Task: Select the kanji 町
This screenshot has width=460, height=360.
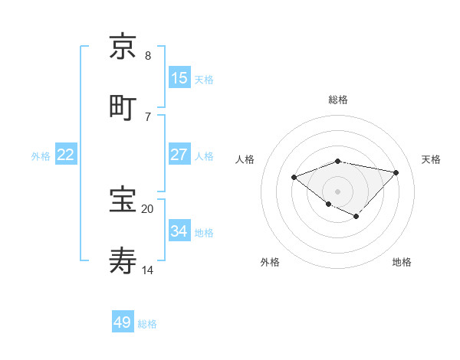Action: pos(123,107)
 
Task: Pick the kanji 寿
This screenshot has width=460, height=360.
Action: pos(123,260)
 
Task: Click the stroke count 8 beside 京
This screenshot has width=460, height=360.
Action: pos(147,55)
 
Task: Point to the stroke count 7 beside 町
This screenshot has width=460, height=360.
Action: pos(147,116)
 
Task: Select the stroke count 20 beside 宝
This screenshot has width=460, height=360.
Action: pos(147,208)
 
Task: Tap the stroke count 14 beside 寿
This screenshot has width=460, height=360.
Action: pos(147,270)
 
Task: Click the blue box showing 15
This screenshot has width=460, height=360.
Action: pos(179,78)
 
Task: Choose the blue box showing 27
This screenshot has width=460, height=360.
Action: pos(179,155)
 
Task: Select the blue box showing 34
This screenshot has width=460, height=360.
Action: pos(179,231)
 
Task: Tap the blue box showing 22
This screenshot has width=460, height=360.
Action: pos(66,155)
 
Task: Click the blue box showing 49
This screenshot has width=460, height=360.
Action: pos(123,322)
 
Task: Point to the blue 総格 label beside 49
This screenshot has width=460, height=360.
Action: pos(147,324)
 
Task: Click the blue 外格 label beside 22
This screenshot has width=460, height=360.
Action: pos(41,156)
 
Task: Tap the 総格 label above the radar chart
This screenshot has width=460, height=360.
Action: pos(338,100)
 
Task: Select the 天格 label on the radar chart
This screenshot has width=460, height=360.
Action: pos(432,159)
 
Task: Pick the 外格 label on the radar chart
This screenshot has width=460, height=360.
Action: pos(270,262)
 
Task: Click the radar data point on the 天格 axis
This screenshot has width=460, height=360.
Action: pos(396,172)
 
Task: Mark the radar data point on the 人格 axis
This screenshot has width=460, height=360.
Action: pos(294,178)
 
